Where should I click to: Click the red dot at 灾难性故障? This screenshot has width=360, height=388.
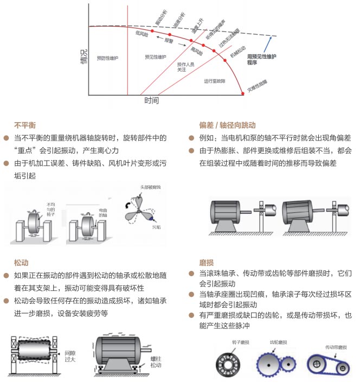point(242,94)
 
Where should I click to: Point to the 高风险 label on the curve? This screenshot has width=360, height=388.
point(196,52)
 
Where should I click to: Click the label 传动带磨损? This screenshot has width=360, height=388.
point(335,346)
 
